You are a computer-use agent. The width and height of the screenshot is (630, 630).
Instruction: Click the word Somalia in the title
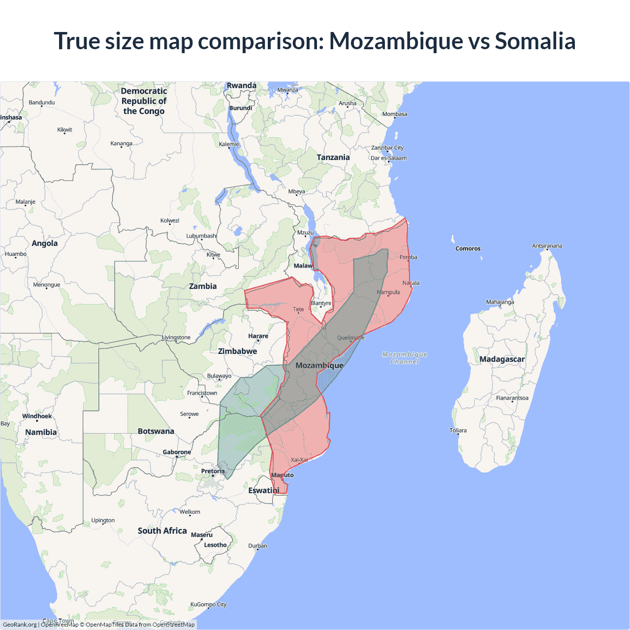(535, 41)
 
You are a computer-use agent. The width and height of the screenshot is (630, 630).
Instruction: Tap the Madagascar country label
(502, 359)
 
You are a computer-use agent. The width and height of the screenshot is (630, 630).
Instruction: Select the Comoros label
(468, 249)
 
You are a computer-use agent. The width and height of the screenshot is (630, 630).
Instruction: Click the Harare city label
(258, 336)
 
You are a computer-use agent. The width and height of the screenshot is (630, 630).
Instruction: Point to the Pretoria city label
(213, 472)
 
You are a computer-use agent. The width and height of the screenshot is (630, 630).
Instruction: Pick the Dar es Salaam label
(389, 158)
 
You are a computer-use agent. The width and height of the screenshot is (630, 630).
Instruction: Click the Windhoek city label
(37, 416)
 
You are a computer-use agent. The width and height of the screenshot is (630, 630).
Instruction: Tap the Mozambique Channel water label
(405, 358)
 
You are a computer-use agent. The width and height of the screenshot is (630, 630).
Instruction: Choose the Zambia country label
(203, 286)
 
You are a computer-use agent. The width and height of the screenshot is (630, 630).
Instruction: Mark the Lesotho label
(215, 545)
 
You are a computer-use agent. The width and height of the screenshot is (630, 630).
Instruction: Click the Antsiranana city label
(547, 246)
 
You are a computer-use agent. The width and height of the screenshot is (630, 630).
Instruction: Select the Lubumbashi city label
(202, 236)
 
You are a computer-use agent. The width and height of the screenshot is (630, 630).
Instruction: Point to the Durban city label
(257, 546)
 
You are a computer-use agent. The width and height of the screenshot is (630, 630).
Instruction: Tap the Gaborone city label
(177, 452)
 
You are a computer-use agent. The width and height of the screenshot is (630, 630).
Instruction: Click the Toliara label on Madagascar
(458, 431)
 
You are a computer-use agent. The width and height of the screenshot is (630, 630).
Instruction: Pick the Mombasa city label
(395, 114)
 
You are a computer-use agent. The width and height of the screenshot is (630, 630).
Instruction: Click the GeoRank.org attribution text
(20, 625)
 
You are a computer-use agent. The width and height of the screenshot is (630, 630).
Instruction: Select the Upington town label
(103, 520)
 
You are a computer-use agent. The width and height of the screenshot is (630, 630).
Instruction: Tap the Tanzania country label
(333, 157)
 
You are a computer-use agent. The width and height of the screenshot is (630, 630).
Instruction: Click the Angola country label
(45, 244)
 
